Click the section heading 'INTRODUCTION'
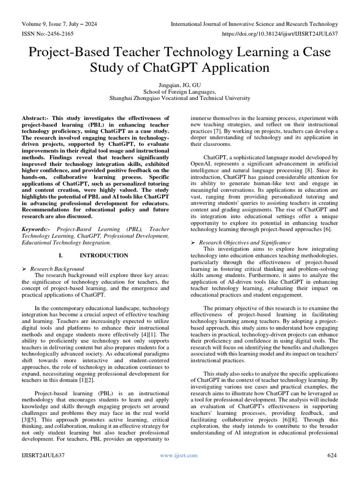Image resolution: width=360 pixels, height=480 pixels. click(x=104, y=255)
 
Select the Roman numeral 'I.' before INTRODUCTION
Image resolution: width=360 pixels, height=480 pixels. click(x=60, y=255)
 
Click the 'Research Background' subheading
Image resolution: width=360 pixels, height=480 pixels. click(x=57, y=269)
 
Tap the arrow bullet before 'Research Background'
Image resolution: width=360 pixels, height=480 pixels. click(x=24, y=269)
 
